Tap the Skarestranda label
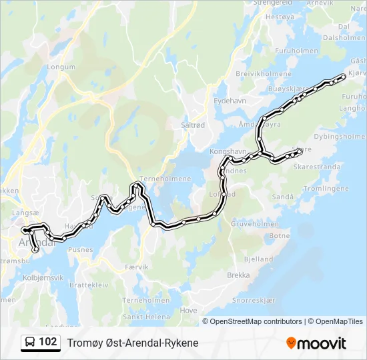click(315, 166)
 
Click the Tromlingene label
click(326, 189)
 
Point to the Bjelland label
click(259, 259)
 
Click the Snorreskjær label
click(254, 300)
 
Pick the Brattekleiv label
click(85, 284)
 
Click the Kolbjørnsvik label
click(43, 277)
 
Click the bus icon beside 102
click(30, 343)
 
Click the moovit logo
click(316, 343)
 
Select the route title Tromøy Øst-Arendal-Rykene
click(133, 343)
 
